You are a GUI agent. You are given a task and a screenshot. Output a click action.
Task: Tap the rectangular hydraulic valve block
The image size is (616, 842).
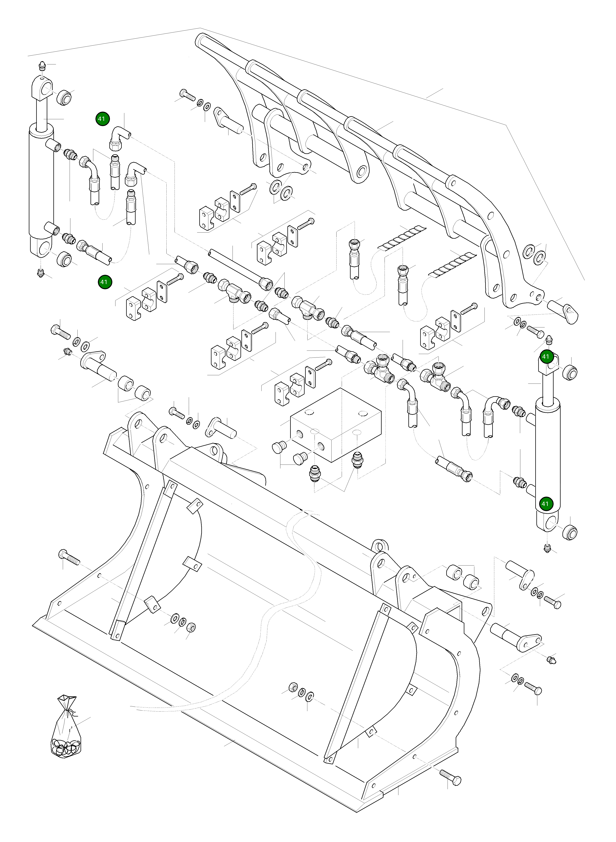pos(336,425)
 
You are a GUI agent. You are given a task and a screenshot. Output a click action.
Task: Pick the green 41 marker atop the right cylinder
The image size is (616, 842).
pos(545,357)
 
